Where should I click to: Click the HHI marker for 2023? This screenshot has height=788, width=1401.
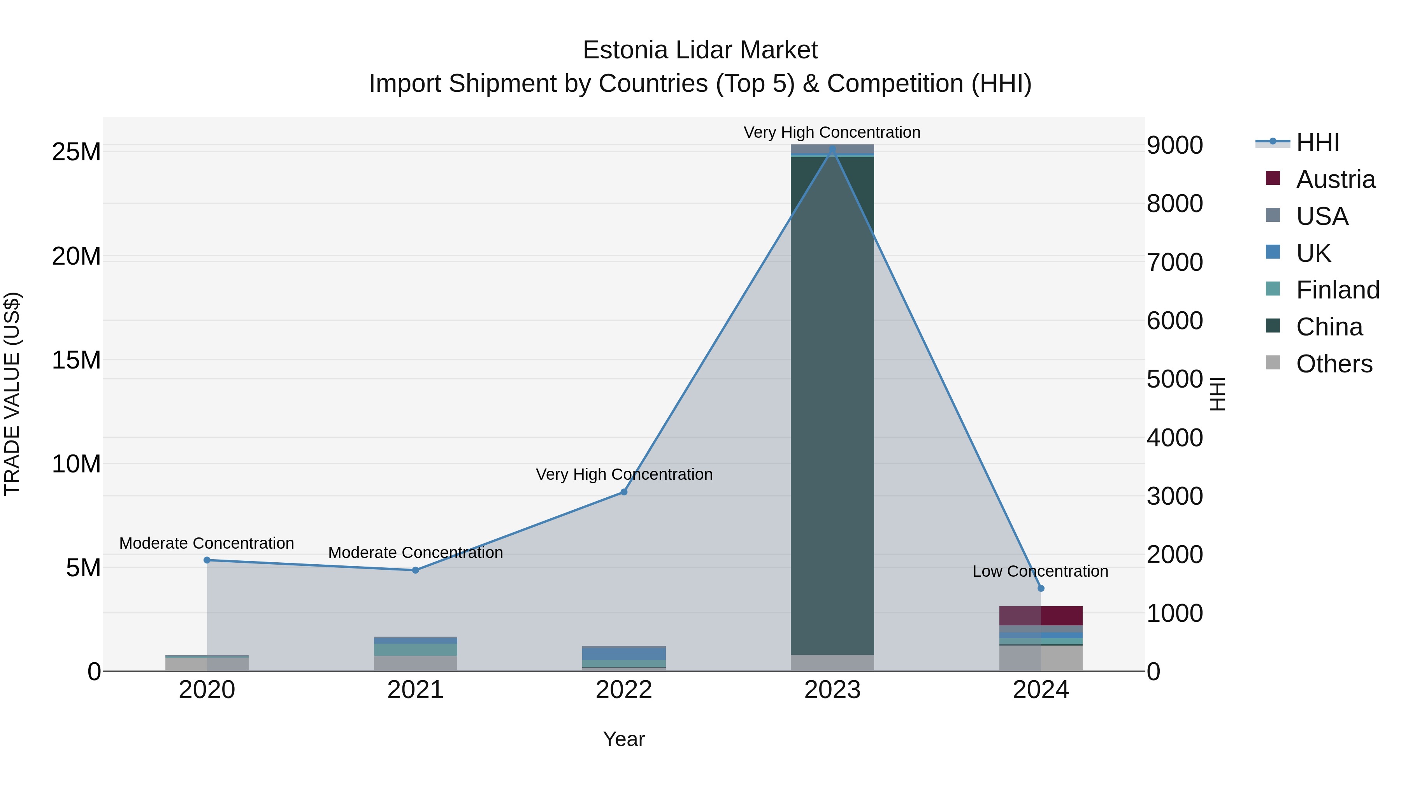tap(832, 149)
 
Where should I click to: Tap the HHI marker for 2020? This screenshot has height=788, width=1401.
tap(207, 560)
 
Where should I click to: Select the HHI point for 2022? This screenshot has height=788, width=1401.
tap(624, 492)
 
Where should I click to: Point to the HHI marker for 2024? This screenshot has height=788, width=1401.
tap(1041, 588)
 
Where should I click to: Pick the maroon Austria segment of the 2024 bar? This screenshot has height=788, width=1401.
tap(1041, 616)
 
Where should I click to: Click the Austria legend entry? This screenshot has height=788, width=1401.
tap(1335, 179)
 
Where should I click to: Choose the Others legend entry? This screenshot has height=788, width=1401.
tap(1334, 364)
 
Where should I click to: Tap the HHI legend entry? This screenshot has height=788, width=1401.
tap(1317, 142)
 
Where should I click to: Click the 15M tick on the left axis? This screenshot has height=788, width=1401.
tap(76, 360)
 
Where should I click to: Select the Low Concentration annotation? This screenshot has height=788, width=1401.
tap(1040, 572)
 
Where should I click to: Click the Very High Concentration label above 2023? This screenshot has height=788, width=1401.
tap(832, 132)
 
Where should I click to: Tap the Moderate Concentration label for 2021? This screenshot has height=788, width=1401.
tap(416, 553)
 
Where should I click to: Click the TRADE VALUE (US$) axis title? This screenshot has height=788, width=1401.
tap(12, 394)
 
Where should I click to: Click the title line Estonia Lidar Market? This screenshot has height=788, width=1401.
tap(700, 50)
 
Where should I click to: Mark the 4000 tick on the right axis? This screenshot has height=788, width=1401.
tap(1175, 438)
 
